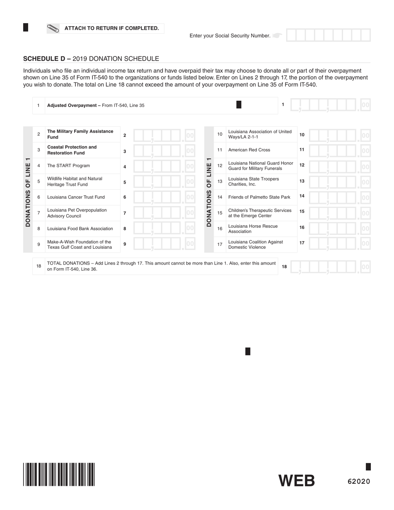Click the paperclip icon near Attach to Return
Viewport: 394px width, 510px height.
pos(53,28)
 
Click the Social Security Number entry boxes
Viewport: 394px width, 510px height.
pos(328,35)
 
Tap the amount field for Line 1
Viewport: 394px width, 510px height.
pos(330,105)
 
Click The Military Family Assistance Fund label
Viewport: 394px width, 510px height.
pos(80,134)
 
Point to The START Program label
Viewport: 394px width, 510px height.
pos(68,166)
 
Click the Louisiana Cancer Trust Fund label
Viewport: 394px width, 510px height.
pos(76,197)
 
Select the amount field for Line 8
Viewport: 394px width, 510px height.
pos(164,228)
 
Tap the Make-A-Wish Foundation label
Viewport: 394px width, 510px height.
pos(80,245)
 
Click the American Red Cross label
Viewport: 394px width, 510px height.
pos(249,150)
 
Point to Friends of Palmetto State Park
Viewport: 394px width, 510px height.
pos(259,197)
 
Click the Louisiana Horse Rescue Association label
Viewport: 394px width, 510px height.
pos(253,229)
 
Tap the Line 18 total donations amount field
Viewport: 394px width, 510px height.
pos(330,267)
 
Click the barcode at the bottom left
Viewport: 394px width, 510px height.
pos(59,474)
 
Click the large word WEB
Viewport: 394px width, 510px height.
pos(296,481)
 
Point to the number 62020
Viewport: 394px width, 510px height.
pos(359,481)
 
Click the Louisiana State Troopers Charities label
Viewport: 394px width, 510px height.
pos(253,182)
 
